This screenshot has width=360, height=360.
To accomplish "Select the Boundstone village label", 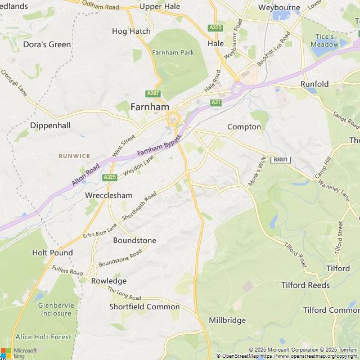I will [x=134, y=240].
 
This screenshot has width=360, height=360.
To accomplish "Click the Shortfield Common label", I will [x=145, y=307].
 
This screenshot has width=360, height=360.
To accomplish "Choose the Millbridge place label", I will [x=227, y=320].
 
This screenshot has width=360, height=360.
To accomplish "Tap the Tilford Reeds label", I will [x=305, y=285].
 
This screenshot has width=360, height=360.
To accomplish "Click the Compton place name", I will [x=244, y=127].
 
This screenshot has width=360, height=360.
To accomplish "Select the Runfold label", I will [x=314, y=84].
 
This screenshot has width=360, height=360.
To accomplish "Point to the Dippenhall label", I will [x=50, y=125].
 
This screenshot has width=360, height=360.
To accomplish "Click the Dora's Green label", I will [x=47, y=44].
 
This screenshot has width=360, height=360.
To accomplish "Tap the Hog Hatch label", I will [x=131, y=31].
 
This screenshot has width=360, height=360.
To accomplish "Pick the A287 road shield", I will [x=152, y=93].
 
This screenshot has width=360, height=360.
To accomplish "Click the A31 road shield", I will [x=215, y=102].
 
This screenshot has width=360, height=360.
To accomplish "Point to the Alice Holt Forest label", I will [x=44, y=337].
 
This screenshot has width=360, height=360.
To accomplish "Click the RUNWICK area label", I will [x=74, y=155].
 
